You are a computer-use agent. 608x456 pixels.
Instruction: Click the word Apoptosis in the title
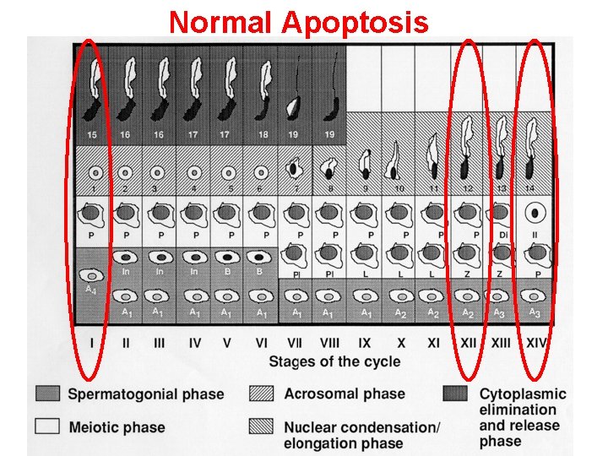pos(356,22)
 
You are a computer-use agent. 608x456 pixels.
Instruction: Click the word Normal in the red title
pos(222,22)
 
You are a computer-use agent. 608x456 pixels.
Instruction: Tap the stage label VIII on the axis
pos(330,344)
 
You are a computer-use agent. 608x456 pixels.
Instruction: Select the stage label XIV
pos(536,344)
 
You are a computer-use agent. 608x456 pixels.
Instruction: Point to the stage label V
pos(226,344)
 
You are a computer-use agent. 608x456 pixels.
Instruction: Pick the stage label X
pos(401,344)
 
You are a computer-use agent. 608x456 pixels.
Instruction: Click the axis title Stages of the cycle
pos(334,361)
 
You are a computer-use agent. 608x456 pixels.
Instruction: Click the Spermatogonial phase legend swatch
pos(47,394)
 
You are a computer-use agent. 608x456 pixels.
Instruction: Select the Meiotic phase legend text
pos(117,427)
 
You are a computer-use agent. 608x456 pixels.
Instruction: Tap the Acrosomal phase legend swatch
pos(261,394)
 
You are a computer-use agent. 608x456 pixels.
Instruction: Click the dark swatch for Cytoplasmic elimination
pos(456,394)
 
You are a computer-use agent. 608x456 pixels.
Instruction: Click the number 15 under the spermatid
pos(92,135)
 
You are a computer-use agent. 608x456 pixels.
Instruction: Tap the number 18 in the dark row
pos(263,135)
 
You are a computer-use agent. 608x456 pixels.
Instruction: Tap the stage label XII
pos(467,344)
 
